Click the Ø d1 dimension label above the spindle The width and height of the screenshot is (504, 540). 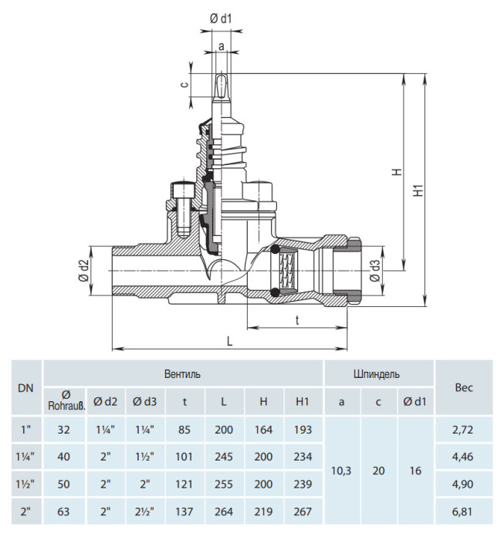pos(221,19)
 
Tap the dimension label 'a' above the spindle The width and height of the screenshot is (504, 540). pos(222,46)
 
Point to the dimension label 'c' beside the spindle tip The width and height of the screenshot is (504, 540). pos(185,84)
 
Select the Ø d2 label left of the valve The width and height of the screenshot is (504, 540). pos(84,271)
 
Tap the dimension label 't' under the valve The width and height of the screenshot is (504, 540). pos(297,320)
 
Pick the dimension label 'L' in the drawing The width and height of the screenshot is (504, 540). pos(230,341)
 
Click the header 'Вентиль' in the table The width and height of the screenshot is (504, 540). pos(182,374)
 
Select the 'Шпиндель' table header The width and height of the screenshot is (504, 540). pos(377,374)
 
